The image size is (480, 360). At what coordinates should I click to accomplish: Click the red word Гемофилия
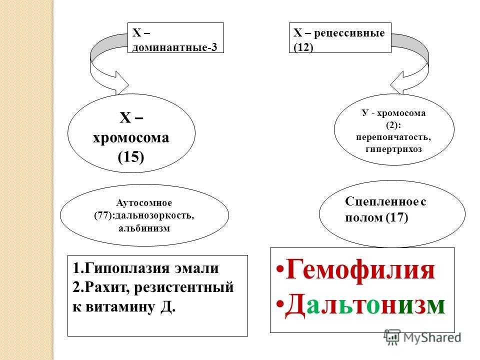[360, 269]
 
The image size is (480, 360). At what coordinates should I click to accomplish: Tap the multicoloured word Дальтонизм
[365, 304]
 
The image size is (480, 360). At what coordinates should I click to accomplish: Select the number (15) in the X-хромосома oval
[130, 157]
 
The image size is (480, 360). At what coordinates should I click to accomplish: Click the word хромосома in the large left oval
[130, 138]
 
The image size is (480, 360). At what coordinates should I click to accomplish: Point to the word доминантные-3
[174, 47]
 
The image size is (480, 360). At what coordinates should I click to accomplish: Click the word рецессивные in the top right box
[349, 33]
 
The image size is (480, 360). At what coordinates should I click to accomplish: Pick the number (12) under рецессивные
[303, 47]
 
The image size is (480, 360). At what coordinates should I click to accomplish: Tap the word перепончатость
[393, 137]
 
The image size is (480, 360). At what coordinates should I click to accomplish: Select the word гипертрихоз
[393, 149]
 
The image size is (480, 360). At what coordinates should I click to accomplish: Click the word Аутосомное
[144, 202]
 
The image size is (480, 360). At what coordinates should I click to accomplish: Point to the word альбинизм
[144, 228]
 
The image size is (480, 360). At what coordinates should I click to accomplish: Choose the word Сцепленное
[381, 201]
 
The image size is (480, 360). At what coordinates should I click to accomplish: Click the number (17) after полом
[397, 217]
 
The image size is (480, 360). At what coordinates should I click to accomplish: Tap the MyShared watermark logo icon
[392, 337]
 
